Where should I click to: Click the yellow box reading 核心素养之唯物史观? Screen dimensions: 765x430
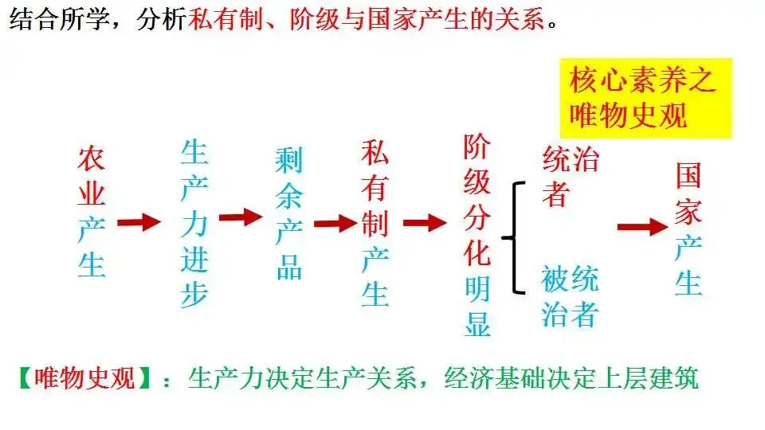coord(646,98)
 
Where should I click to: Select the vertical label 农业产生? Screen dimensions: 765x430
coord(92,212)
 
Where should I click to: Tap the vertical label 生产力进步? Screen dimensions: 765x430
coord(194,223)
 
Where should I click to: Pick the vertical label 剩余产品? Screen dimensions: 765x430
coord(288,213)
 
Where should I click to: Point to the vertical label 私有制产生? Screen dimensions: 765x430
coord(375,223)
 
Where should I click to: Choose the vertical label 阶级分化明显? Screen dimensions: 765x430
coord(477,235)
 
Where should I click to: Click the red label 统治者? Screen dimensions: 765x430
coord(571,176)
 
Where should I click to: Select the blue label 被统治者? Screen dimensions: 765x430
coord(571,296)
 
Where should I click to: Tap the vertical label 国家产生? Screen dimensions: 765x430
coord(688,229)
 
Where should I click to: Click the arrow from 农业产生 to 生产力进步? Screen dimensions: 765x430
coord(139,222)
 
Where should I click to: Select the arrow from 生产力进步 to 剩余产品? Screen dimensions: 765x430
coord(241,217)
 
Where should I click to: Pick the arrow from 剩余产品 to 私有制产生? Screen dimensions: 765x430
coord(335,224)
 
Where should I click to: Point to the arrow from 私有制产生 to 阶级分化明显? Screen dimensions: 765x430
coord(425,223)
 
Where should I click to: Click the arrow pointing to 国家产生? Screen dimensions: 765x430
coord(642,227)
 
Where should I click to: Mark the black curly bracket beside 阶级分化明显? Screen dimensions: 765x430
coord(514,238)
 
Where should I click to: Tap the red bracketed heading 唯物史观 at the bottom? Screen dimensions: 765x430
coord(85,377)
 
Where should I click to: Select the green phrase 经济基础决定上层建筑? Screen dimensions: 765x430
coord(571,377)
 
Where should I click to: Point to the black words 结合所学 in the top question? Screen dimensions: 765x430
coord(60,19)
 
